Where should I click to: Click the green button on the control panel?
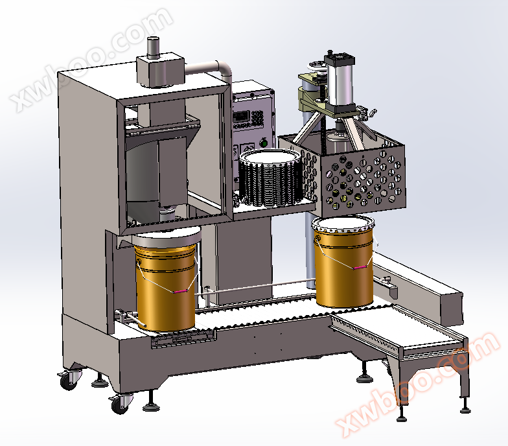264,142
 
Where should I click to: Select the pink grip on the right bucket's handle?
360,267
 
